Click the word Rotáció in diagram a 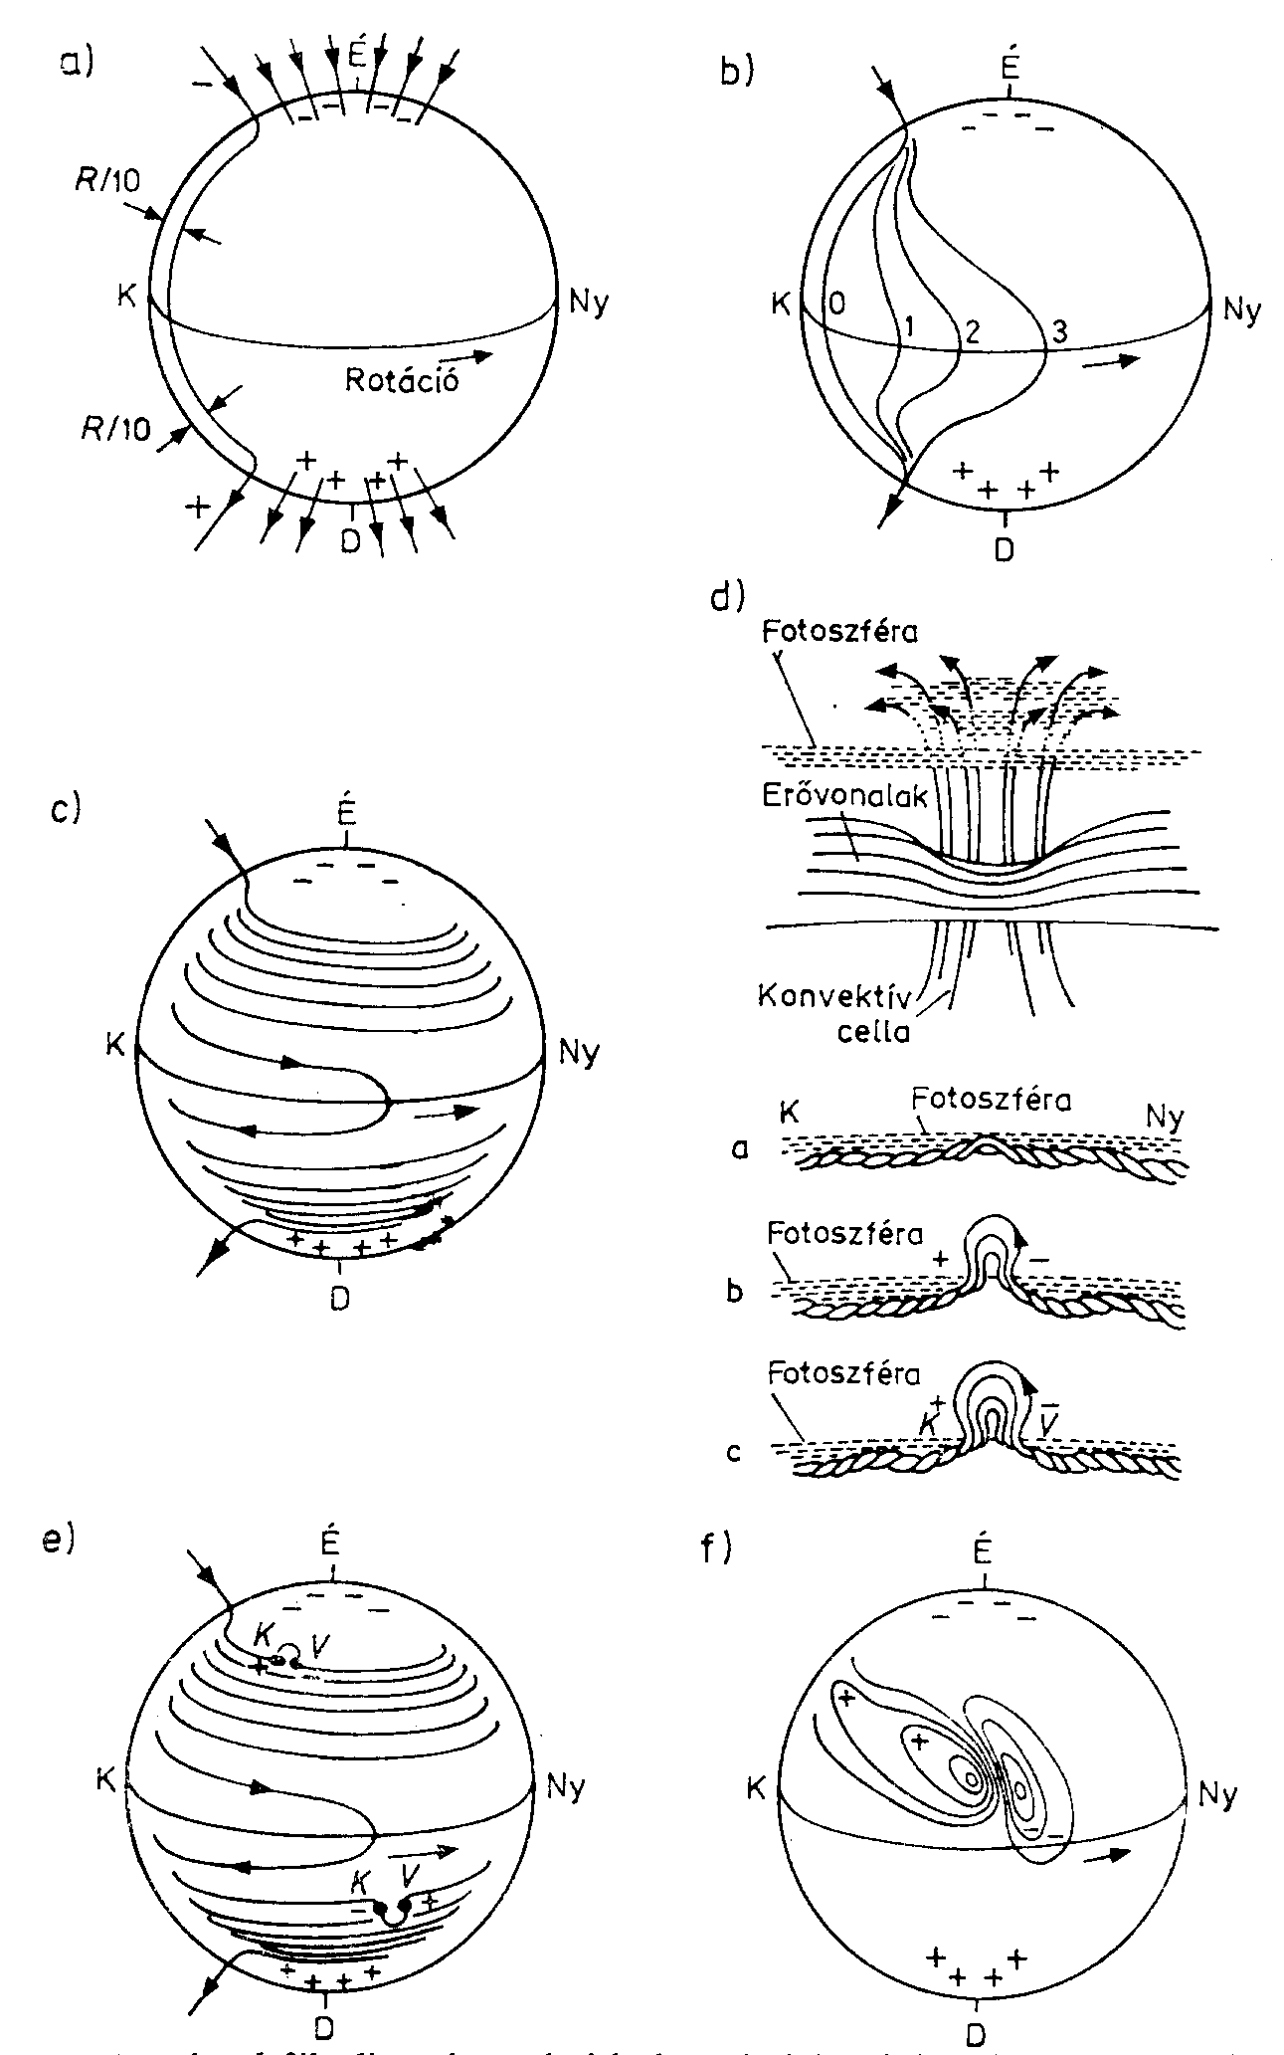click(x=402, y=379)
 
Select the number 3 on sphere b click(x=1059, y=331)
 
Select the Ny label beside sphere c click(x=579, y=1051)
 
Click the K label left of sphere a click(x=126, y=297)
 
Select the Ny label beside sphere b click(x=1242, y=309)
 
